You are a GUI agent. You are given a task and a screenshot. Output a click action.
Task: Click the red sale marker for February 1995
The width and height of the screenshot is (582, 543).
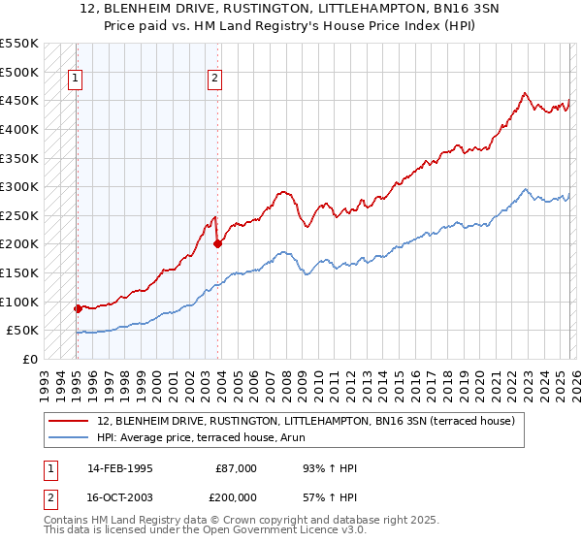point(78,308)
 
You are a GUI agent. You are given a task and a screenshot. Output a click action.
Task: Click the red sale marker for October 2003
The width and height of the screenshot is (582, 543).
point(217,244)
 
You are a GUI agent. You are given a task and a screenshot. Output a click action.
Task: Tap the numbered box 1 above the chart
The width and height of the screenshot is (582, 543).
point(75,81)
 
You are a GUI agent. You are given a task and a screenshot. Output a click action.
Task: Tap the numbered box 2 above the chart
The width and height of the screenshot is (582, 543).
point(214,81)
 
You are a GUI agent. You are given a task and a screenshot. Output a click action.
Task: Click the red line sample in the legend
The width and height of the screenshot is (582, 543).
point(70,421)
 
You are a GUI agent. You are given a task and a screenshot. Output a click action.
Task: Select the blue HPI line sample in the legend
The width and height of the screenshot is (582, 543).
point(70,437)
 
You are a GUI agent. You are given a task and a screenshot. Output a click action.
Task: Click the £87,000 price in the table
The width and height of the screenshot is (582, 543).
point(237,468)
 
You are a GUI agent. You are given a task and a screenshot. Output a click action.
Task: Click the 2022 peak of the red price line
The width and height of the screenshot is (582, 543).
point(524,94)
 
